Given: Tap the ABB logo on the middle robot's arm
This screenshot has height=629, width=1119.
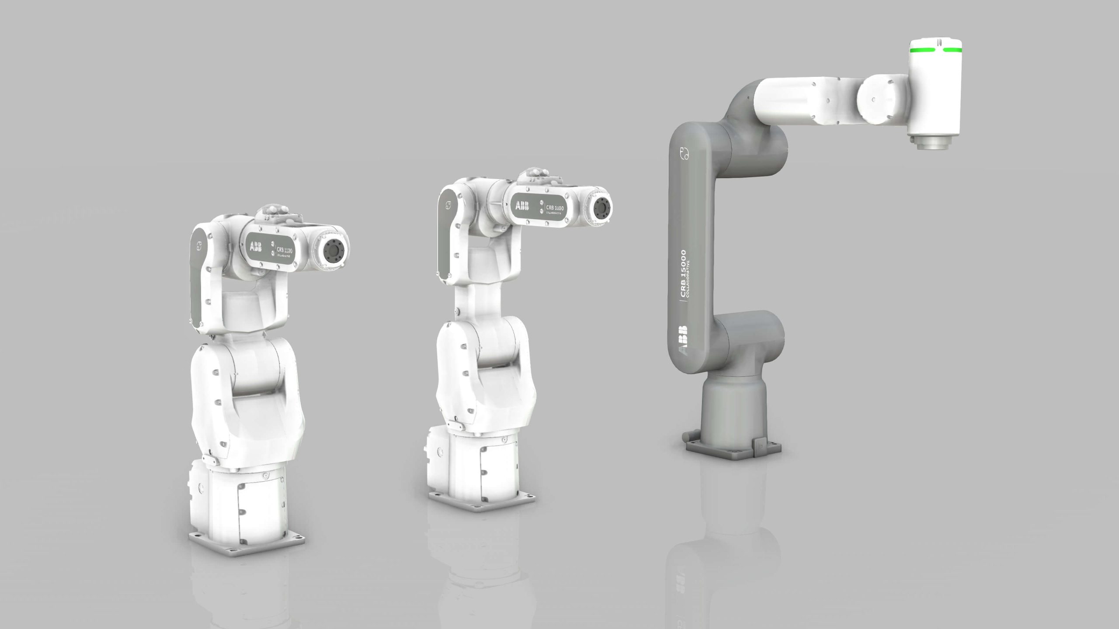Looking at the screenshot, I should click(x=523, y=206).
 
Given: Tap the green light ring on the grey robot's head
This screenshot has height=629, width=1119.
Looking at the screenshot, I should click(x=935, y=62).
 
